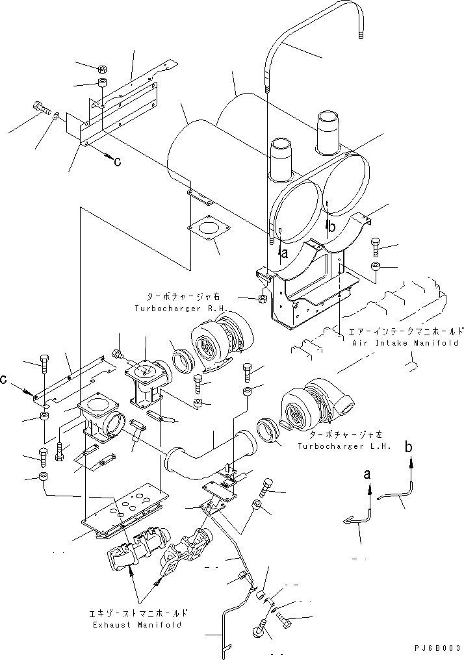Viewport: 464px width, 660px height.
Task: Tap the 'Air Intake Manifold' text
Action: click(404, 342)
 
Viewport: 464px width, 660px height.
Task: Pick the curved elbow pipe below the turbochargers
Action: click(208, 455)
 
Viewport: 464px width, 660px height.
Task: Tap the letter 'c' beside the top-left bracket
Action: click(117, 162)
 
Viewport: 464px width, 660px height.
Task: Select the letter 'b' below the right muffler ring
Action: click(331, 227)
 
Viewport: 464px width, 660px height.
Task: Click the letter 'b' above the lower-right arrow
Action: click(409, 447)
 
